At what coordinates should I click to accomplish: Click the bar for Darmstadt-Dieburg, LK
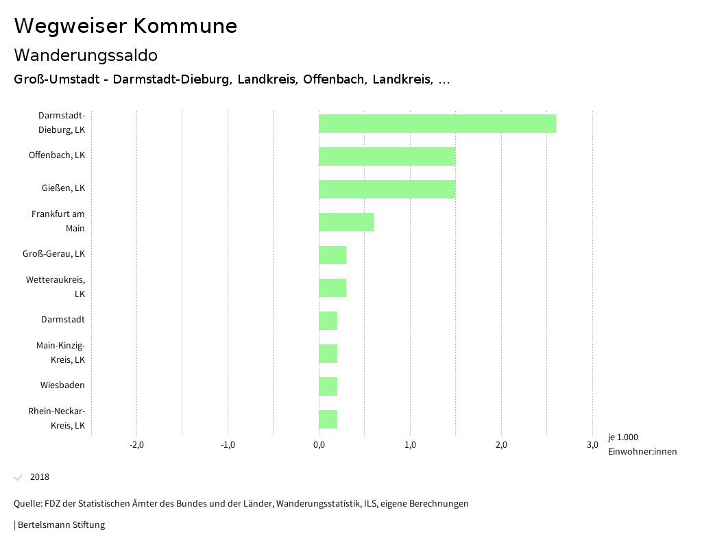pyautogui.click(x=437, y=123)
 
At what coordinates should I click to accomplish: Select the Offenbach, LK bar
pyautogui.click(x=387, y=156)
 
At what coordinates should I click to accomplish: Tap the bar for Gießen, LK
pyautogui.click(x=387, y=189)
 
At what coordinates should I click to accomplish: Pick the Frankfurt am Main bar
pyautogui.click(x=346, y=222)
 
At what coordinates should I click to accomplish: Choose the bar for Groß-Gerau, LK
pyautogui.click(x=332, y=255)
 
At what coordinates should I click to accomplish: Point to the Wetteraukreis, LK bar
pyautogui.click(x=332, y=288)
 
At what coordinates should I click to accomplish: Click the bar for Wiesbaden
pyautogui.click(x=328, y=386)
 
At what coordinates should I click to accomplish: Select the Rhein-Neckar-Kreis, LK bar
pyautogui.click(x=328, y=419)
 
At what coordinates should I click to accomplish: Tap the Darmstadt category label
pyautogui.click(x=62, y=320)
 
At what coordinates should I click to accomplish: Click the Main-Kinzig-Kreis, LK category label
pyautogui.click(x=60, y=353)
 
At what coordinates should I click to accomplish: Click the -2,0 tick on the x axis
pyautogui.click(x=136, y=445)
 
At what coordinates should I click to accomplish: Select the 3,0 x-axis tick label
pyautogui.click(x=592, y=445)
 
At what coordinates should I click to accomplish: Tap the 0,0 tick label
pyautogui.click(x=319, y=445)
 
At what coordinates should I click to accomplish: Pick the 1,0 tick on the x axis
pyautogui.click(x=410, y=445)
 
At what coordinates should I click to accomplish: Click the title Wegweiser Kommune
pyautogui.click(x=125, y=26)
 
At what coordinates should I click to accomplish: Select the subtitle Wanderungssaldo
pyautogui.click(x=86, y=55)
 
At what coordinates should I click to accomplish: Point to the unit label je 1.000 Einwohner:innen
pyautogui.click(x=642, y=444)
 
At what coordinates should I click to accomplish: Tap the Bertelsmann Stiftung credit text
pyautogui.click(x=60, y=525)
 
